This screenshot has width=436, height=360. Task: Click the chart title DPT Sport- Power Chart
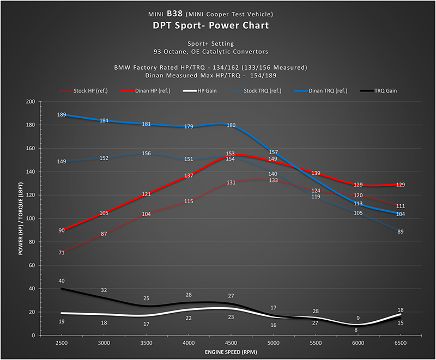(218, 25)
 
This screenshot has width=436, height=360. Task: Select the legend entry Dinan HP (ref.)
(143, 91)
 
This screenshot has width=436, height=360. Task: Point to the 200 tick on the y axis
(30, 102)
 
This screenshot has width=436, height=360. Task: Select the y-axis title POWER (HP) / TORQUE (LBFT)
(21, 218)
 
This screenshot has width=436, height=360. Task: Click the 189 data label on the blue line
(62, 115)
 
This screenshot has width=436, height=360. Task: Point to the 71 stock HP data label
(62, 253)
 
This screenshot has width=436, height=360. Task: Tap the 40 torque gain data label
(62, 281)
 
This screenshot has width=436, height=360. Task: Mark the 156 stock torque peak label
(146, 154)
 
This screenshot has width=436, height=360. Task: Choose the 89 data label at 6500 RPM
(401, 232)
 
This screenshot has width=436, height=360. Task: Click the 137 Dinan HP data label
(189, 176)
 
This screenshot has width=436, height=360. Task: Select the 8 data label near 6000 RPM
(356, 330)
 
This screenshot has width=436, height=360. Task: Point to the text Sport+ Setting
(218, 44)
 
